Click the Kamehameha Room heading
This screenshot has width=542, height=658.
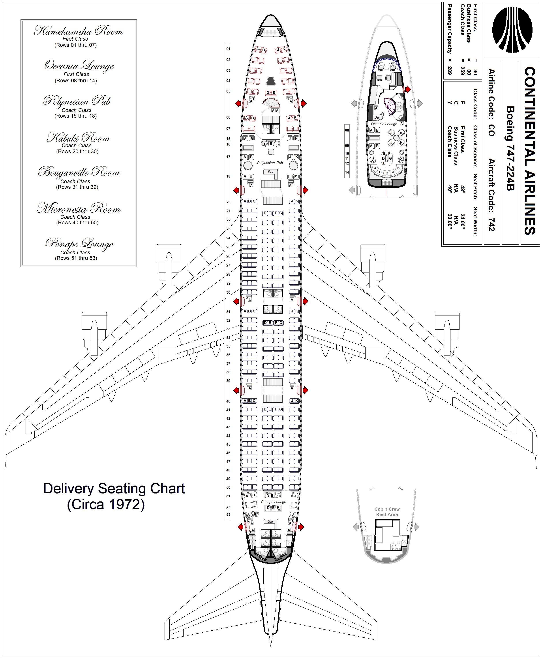click(78, 31)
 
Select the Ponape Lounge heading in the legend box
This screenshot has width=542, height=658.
click(79, 244)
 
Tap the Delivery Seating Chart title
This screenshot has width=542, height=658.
click(114, 489)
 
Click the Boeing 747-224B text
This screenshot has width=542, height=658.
click(510, 148)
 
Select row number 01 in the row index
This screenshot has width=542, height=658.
click(228, 49)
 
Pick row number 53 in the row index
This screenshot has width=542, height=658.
click(228, 515)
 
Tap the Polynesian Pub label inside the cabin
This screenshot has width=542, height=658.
click(270, 163)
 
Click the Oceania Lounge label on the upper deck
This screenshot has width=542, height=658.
click(384, 124)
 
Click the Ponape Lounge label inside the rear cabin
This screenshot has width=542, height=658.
click(274, 502)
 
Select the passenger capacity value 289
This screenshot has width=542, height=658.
click(450, 70)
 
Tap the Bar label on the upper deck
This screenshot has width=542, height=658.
click(377, 117)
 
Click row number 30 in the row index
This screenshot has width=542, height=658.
click(228, 292)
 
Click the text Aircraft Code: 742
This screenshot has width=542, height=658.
click(491, 195)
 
